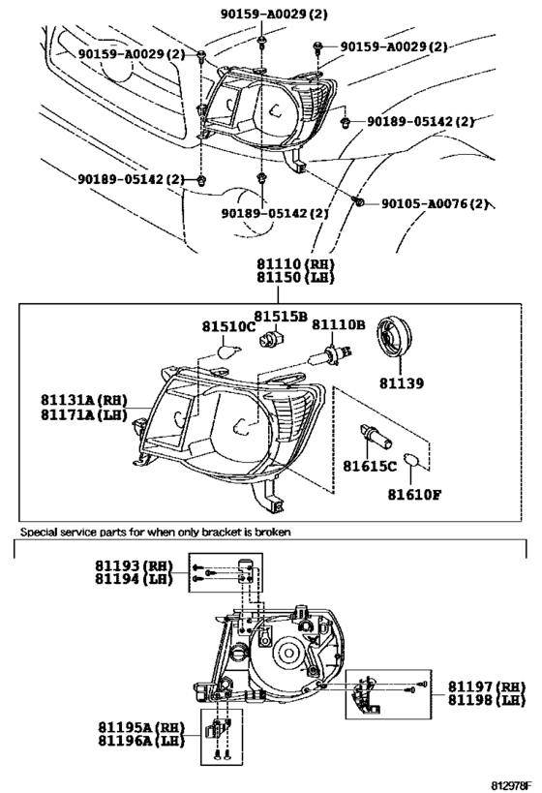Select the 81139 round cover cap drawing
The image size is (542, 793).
pos(396,336)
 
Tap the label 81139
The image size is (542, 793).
pos(402,383)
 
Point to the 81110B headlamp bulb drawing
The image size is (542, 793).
pos(331,353)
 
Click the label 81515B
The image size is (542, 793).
pos(281,317)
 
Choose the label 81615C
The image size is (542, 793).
pos(370,466)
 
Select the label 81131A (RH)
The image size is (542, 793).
pos(84,400)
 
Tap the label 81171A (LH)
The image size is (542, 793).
pos(84,414)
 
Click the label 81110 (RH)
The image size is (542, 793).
pos(295,263)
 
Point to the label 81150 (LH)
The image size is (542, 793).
pos(295,277)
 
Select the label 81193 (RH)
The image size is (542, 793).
pos(134,565)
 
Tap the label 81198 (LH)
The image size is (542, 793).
pos(487,700)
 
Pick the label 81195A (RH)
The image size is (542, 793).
pos(141,727)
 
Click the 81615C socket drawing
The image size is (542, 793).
pos(375,436)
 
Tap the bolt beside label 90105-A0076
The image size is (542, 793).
pos(358,201)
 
